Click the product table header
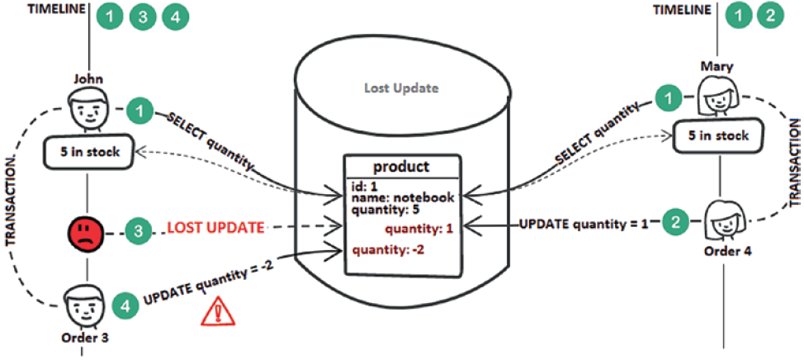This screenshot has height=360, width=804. coord(402,166)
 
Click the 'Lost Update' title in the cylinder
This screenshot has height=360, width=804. coord(402,88)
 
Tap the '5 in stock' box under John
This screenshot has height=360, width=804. coord(88,152)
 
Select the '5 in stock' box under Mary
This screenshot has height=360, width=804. coord(717,137)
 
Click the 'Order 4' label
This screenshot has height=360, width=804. coord(721,252)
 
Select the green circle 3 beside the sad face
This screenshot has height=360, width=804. coord(140,230)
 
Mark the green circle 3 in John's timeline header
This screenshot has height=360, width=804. coord(142,16)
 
